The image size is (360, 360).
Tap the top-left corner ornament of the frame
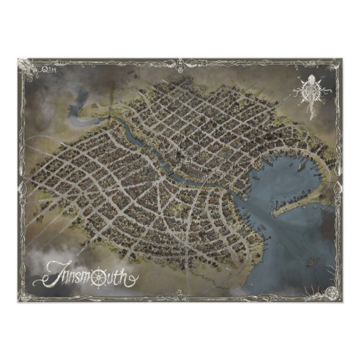[25, 65]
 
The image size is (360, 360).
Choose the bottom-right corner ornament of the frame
[332, 293]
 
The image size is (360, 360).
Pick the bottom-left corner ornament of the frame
[26, 293]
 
